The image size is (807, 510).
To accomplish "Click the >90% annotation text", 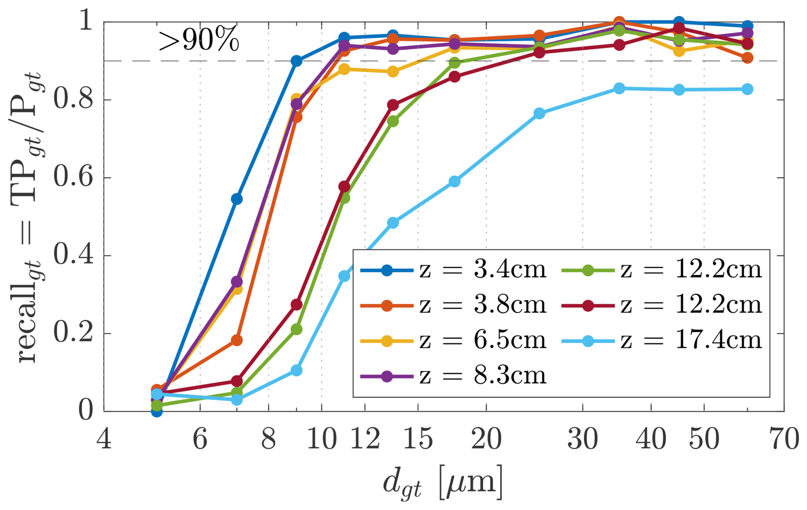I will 199,41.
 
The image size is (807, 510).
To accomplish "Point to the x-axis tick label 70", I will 784,439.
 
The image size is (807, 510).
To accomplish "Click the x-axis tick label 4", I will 104,439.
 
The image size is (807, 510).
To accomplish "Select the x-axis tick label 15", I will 418,439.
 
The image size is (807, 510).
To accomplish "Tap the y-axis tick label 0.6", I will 73,178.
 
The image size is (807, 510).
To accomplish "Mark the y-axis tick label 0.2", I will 73,334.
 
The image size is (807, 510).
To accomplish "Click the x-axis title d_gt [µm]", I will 443,483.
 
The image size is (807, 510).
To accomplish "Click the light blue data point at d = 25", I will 539,113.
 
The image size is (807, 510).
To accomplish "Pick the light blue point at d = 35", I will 619,89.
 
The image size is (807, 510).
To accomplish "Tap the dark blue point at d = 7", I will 237,199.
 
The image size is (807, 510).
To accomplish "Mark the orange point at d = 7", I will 237,340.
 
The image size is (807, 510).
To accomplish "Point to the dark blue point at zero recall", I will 157,411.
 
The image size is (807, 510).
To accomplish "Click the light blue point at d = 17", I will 455,182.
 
